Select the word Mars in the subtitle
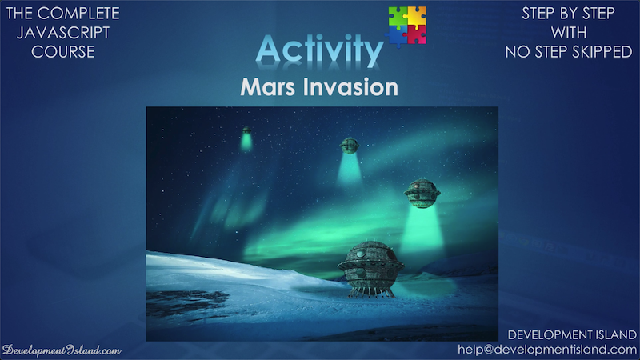coord(267,87)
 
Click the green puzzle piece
coord(398,16)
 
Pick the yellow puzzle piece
coord(417,16)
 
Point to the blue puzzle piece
coord(396,35)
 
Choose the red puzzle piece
coord(417,35)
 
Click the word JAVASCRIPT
coord(63,33)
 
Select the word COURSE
coord(63,52)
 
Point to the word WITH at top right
coord(569,33)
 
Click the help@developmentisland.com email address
coord(547,350)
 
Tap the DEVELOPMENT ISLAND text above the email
coord(572,335)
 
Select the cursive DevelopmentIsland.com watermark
coord(62,350)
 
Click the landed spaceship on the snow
coord(370,268)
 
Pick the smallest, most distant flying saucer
coord(246,130)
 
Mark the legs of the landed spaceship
coord(371,291)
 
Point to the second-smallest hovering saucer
coord(349,146)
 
